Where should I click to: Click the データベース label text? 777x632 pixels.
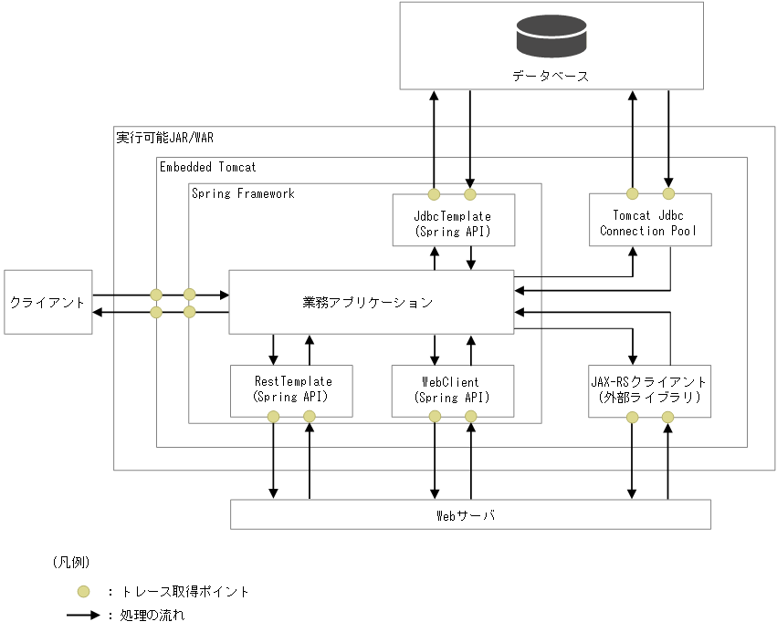point(551,76)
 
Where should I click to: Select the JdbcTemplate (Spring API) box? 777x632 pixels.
point(453,223)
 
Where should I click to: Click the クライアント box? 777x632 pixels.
point(47,302)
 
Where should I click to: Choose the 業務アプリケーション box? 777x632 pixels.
point(371,302)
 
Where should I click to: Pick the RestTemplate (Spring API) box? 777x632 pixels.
point(291,389)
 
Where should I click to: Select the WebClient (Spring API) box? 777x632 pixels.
point(453,389)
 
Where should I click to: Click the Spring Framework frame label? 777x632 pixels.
point(243,193)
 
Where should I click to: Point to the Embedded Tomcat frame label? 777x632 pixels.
point(207,167)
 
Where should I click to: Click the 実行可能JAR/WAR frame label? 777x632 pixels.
point(164,139)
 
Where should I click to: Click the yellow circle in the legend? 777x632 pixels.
point(82,591)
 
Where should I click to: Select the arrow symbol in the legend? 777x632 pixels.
point(84,616)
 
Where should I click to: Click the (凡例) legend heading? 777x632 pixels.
point(69,562)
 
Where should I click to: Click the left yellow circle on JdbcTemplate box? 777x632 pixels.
point(435,193)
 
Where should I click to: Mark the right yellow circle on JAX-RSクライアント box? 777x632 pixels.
point(667,417)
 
